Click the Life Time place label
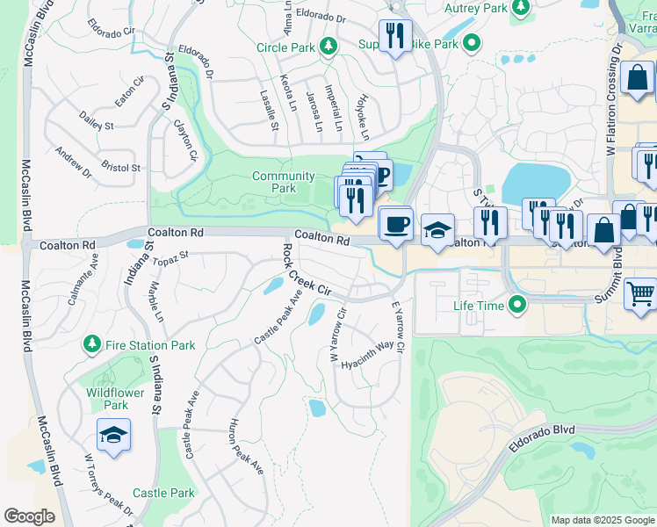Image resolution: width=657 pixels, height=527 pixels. pyautogui.click(x=479, y=306)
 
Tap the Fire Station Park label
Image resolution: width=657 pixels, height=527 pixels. pyautogui.click(x=149, y=345)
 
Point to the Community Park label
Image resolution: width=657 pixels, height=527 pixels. pyautogui.click(x=283, y=182)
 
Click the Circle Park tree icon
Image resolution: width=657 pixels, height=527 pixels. pyautogui.click(x=328, y=46)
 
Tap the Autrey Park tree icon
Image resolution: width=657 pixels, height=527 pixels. pyautogui.click(x=522, y=8)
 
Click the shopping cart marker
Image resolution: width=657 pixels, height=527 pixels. pyautogui.click(x=640, y=293)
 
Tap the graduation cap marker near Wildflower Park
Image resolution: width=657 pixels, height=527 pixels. pyautogui.click(x=113, y=435)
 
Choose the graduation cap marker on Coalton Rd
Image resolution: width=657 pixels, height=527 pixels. pyautogui.click(x=437, y=229)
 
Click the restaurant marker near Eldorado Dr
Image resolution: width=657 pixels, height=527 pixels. pyautogui.click(x=395, y=36)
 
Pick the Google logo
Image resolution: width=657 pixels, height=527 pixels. pyautogui.click(x=29, y=516)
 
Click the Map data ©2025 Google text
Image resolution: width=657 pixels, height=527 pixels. pyautogui.click(x=602, y=520)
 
